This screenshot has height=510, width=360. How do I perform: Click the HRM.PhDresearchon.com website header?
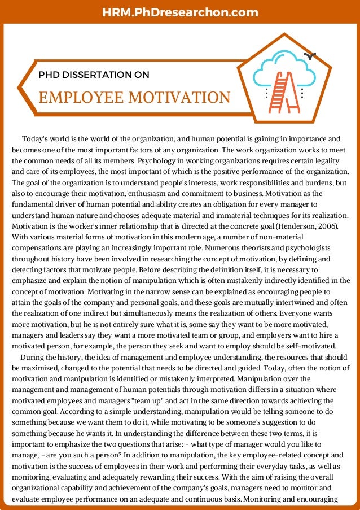click(181, 12)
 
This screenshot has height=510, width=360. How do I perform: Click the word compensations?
click(41, 247)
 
